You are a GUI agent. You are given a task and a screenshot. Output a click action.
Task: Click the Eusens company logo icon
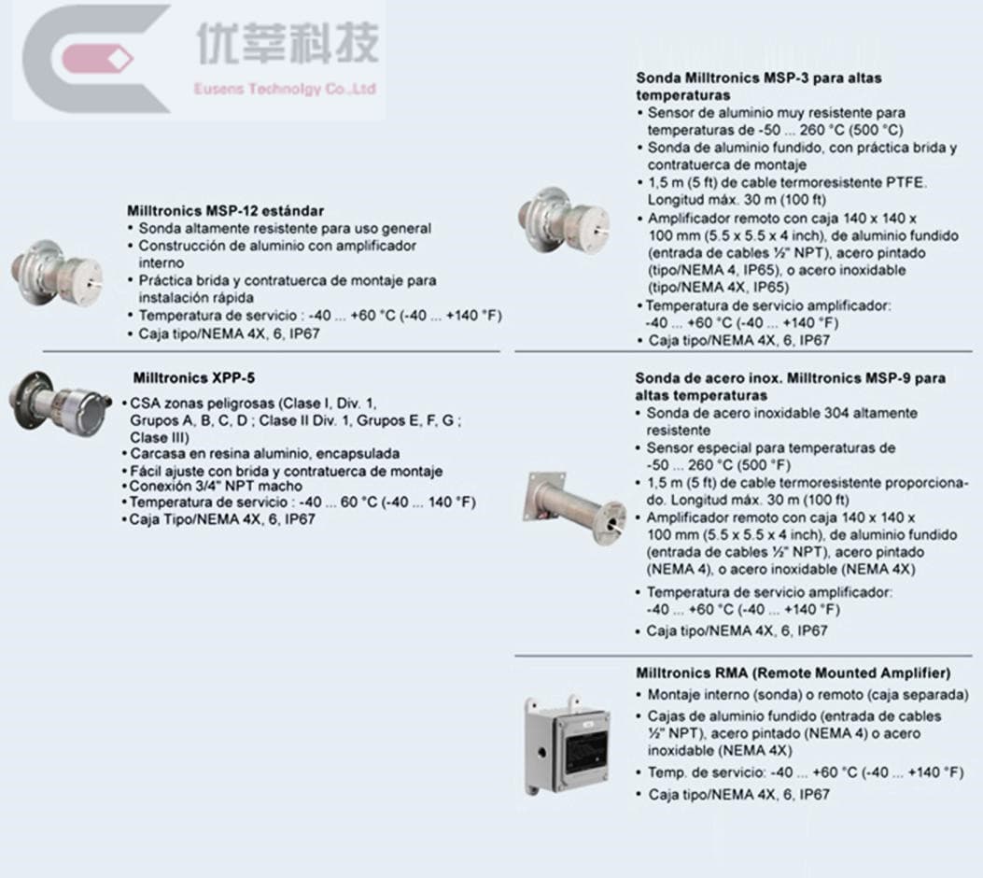tap(93, 59)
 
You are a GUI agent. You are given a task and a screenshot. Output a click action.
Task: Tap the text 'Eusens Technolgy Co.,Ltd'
tap(285, 90)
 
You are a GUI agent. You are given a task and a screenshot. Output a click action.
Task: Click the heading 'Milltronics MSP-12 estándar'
tap(226, 211)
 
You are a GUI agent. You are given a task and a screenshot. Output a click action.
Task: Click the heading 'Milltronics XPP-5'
tap(193, 378)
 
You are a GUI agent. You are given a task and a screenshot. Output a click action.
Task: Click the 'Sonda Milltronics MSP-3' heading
tap(759, 78)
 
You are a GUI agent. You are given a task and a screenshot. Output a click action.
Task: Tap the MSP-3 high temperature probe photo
tap(557, 221)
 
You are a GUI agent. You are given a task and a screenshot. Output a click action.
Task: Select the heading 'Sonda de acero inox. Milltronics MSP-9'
tap(790, 378)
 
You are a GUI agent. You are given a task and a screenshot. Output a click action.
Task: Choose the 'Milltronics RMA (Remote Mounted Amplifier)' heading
tap(793, 673)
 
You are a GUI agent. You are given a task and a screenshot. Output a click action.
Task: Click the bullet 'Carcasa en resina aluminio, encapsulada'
tap(265, 454)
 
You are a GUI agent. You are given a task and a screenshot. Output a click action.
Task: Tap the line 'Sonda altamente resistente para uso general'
tap(285, 228)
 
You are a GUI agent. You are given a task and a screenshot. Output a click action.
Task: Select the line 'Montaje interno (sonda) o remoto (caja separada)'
tap(807, 695)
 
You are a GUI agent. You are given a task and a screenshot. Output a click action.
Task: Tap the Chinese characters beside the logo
tap(288, 44)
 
